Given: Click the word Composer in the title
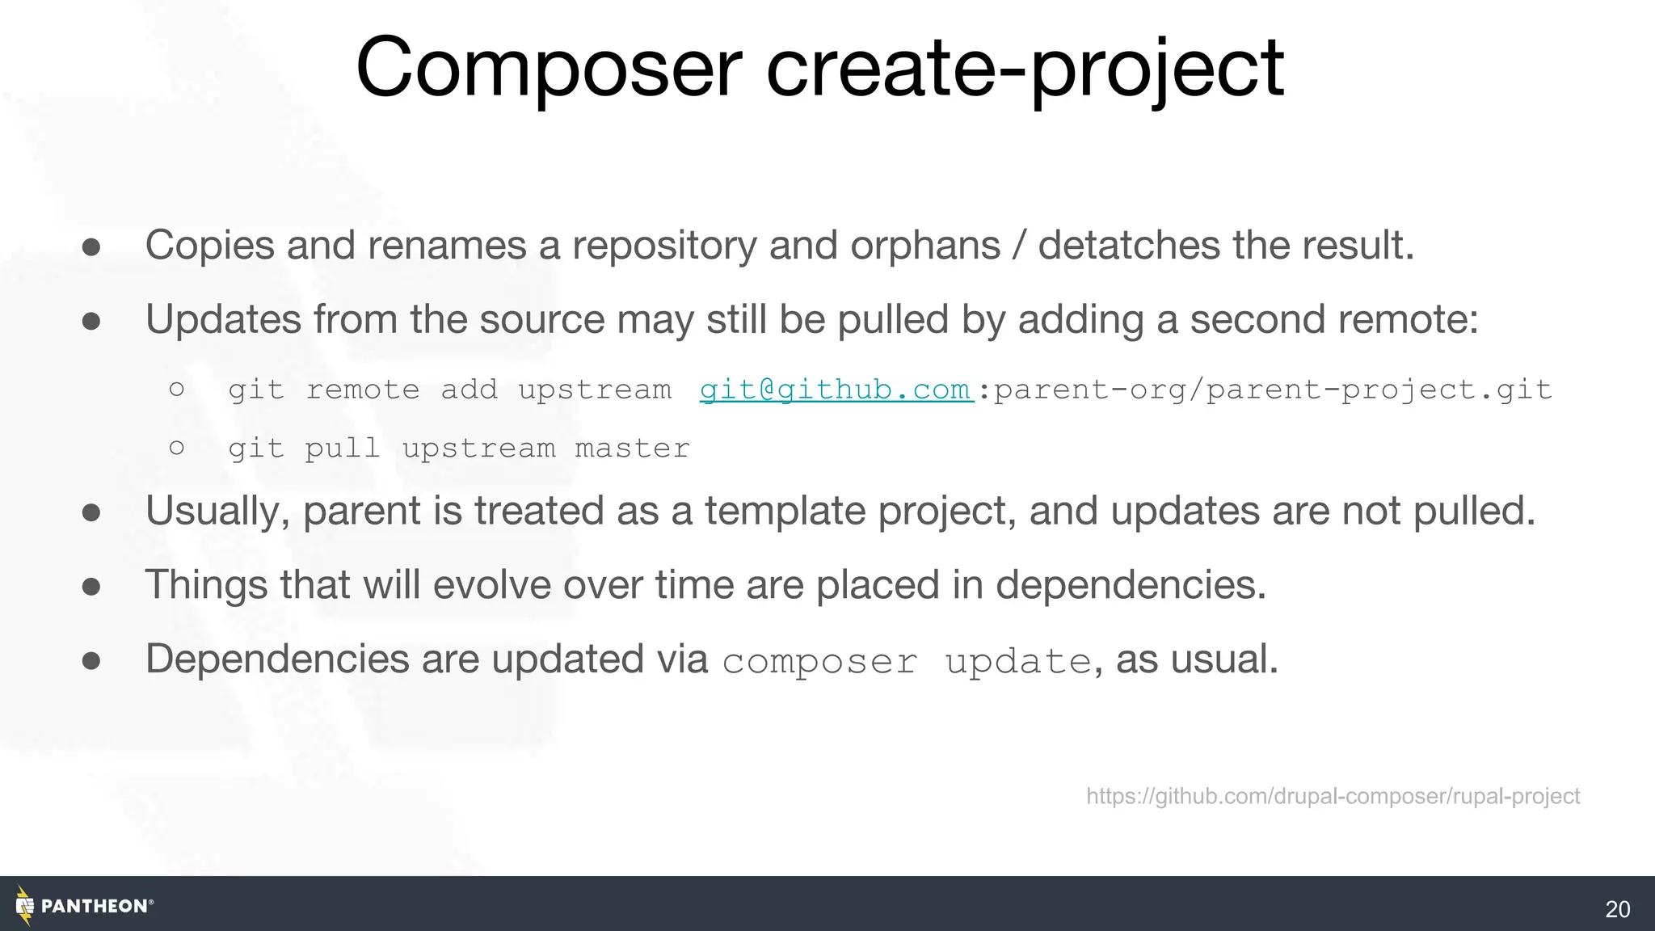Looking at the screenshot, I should (x=548, y=69).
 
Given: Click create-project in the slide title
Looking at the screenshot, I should (x=1025, y=69).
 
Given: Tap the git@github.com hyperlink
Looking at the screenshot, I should (x=836, y=390).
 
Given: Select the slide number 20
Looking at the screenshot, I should (x=1617, y=909).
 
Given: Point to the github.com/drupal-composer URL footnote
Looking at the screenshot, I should (x=1333, y=796).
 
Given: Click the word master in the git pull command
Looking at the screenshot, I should (x=632, y=448).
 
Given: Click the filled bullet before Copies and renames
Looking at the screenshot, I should (x=91, y=246).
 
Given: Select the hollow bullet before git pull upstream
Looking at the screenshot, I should (x=177, y=447).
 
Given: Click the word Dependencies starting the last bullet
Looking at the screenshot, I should (x=277, y=659).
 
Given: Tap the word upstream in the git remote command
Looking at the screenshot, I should (x=595, y=390).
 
